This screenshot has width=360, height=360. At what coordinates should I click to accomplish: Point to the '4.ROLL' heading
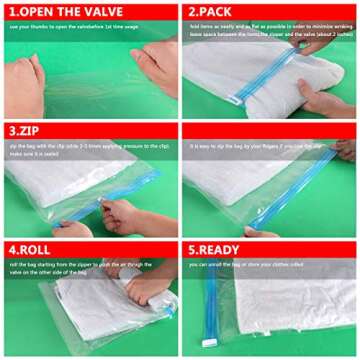(x=34, y=249)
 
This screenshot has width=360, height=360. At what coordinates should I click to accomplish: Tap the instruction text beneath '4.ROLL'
(x=80, y=269)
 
